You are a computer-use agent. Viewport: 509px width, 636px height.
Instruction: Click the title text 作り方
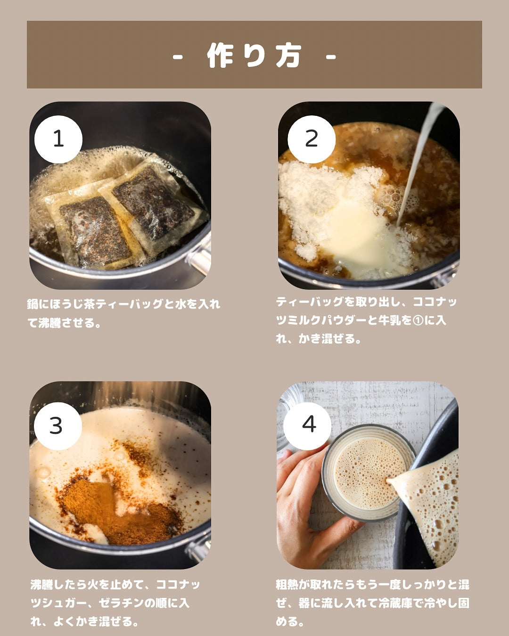[254, 56]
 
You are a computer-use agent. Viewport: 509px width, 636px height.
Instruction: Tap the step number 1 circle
[58, 139]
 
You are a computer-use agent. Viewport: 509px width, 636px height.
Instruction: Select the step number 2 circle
[312, 139]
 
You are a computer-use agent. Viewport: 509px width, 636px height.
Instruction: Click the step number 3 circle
[58, 426]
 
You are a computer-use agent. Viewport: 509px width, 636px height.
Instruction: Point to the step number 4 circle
[307, 426]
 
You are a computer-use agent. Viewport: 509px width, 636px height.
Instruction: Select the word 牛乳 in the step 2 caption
[391, 320]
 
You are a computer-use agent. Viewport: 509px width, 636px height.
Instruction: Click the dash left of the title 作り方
[177, 57]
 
